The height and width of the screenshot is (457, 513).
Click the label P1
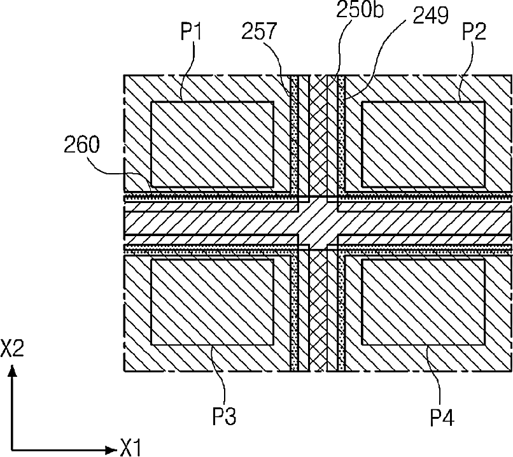point(192,32)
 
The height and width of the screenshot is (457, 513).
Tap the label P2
point(474,32)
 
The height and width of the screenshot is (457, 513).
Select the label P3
point(225,416)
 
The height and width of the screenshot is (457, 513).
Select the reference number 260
point(81,144)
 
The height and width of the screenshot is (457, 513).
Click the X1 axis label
point(130,447)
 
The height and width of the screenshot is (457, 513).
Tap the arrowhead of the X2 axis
point(13,371)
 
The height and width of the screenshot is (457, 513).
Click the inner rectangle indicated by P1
point(212,144)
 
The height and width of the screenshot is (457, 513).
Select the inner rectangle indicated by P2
point(423,144)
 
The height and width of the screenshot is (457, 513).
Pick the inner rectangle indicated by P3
point(212,302)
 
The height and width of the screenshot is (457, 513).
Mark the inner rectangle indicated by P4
point(423,302)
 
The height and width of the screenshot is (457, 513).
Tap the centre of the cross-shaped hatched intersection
point(318,223)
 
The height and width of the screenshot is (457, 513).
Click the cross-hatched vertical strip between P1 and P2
point(318,136)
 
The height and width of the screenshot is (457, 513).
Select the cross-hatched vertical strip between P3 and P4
point(318,311)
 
